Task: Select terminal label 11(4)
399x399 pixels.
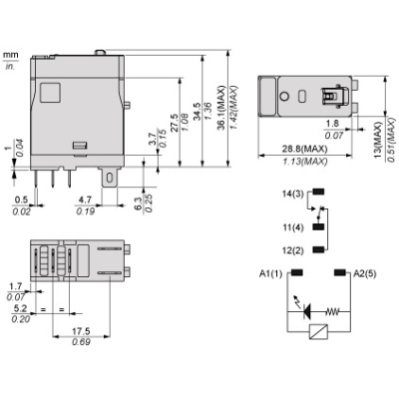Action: pos(294,227)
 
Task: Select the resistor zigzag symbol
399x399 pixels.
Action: pos(334,309)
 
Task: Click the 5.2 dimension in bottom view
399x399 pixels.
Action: pos(16,309)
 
